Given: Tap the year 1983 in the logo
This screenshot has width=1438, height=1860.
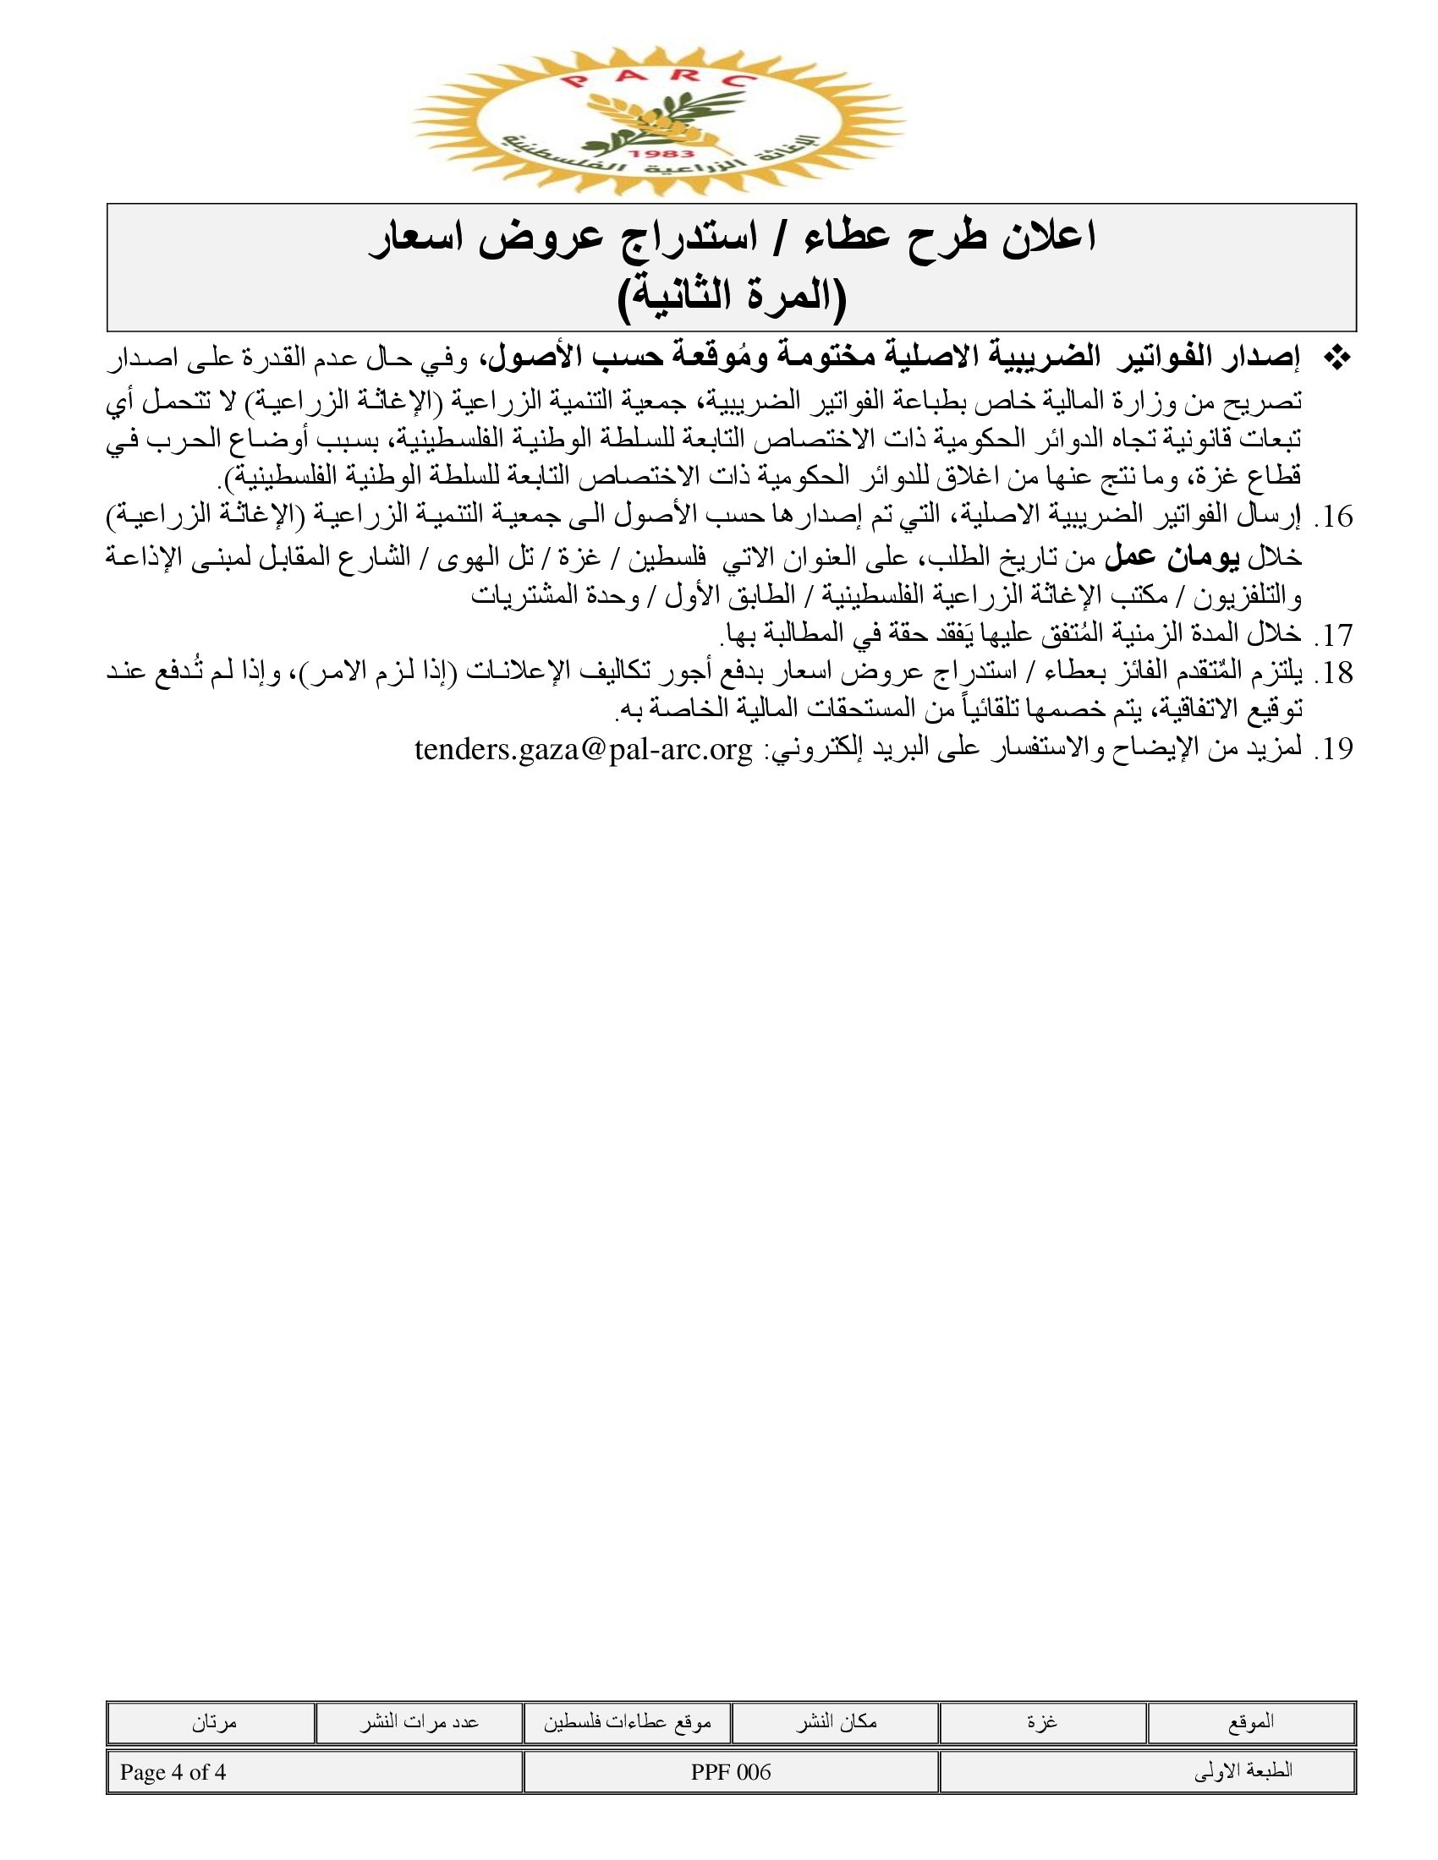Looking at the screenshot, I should coord(657,153).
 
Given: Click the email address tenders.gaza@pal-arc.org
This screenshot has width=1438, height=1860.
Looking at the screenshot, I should coord(584,749).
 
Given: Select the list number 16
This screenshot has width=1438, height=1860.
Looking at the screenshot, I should coord(1334,517).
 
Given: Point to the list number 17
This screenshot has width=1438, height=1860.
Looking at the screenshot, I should coord(1334,634).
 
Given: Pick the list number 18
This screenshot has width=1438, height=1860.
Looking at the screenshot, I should coord(1334,673).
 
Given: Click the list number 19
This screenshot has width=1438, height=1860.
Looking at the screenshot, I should coord(1334,749).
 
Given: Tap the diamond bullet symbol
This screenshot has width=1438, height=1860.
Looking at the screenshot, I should coord(1338,359).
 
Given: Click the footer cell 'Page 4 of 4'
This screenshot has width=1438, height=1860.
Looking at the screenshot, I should coord(173,1772).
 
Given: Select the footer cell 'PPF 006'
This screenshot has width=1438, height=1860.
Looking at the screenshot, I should coord(731,1772).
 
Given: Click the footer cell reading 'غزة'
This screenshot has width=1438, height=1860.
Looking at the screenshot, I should coord(1043,1722).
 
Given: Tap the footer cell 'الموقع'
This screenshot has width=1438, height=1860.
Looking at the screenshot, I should coord(1251,1722).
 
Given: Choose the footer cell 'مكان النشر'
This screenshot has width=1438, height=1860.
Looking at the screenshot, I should coord(836,1722).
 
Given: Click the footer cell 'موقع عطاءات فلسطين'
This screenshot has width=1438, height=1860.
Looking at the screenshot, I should coord(627,1722).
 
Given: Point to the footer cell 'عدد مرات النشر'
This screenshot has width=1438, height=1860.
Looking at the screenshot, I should coord(419,1722).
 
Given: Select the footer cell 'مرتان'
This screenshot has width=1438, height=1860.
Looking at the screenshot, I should coord(213,1722).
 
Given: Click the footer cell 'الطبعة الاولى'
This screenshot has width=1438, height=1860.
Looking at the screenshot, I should coord(1243,1772).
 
